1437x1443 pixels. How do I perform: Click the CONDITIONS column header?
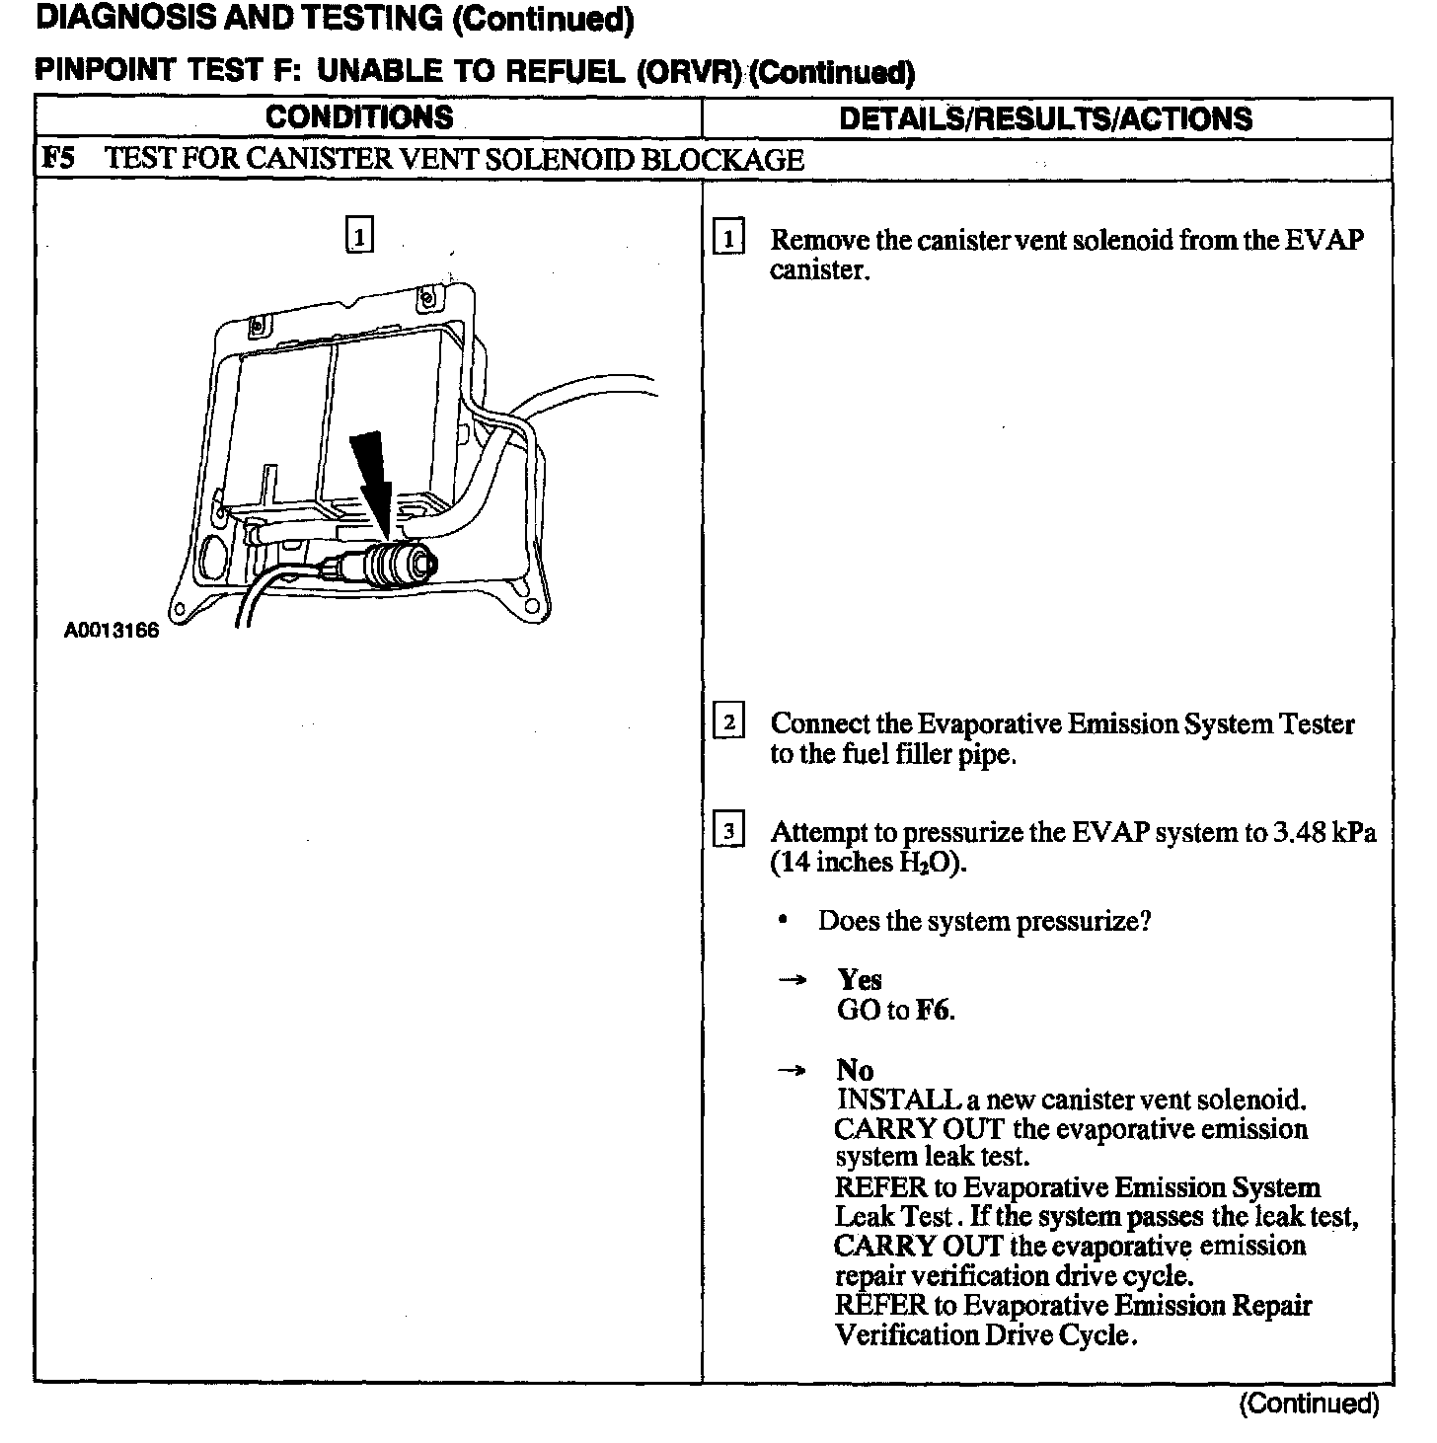pos(359,117)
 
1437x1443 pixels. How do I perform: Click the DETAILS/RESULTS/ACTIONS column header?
pos(1045,118)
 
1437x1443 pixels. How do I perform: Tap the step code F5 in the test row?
pos(58,159)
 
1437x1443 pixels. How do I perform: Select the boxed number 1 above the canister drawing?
pos(360,237)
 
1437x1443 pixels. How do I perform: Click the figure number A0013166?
pos(112,631)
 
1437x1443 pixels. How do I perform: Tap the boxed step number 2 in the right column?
pos(728,722)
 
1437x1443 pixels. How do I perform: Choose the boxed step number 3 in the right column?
pos(728,831)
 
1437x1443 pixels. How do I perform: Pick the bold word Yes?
pos(859,980)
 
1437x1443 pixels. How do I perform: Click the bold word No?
pos(855,1070)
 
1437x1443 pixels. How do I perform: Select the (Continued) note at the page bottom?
pos(1308,1404)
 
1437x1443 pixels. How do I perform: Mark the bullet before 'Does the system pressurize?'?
pos(783,921)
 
